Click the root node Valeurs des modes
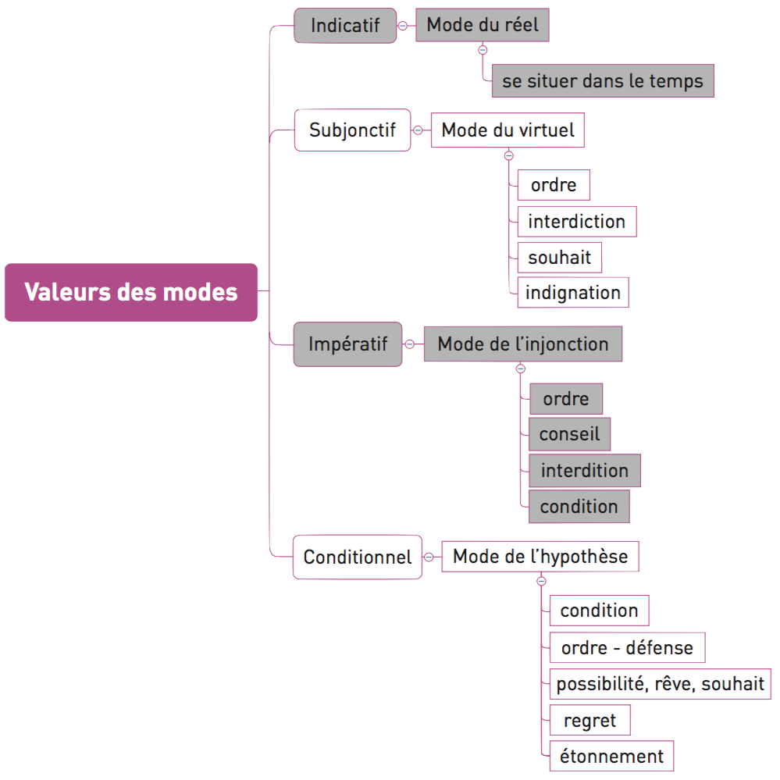(131, 293)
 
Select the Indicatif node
(345, 26)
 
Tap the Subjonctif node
(352, 130)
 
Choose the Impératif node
(347, 344)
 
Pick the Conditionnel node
(358, 557)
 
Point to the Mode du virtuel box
(508, 130)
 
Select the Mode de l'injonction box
(522, 344)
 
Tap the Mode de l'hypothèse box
(540, 557)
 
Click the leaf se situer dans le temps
(602, 81)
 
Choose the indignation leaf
(573, 293)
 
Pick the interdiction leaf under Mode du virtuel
(576, 222)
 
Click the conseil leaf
(569, 434)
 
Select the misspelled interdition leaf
(584, 471)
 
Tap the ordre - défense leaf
(627, 647)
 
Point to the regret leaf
(589, 721)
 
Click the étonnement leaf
(611, 756)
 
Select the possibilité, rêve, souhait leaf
(660, 684)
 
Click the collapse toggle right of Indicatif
(403, 26)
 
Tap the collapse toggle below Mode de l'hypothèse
(542, 581)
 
